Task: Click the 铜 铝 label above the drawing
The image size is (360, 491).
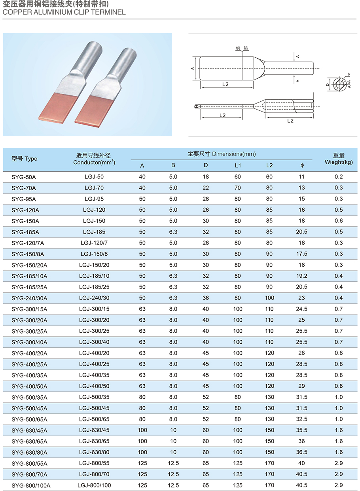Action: (x=242, y=48)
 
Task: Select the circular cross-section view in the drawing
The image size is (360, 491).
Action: (x=339, y=84)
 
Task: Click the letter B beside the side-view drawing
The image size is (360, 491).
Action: (x=196, y=106)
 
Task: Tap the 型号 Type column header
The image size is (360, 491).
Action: (x=25, y=159)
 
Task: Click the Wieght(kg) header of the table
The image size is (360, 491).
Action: (x=339, y=162)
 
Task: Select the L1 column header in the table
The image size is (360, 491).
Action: (x=238, y=165)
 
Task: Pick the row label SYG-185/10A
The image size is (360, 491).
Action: (x=29, y=276)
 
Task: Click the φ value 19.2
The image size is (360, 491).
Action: (x=302, y=276)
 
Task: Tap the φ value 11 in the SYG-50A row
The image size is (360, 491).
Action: (x=302, y=176)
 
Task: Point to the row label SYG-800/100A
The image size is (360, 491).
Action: (x=31, y=485)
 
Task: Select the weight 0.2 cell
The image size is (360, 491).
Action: (x=339, y=176)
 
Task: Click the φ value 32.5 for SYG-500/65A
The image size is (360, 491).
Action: (x=302, y=419)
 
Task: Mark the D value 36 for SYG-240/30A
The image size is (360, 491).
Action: (x=206, y=298)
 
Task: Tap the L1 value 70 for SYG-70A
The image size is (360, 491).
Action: (x=237, y=188)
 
